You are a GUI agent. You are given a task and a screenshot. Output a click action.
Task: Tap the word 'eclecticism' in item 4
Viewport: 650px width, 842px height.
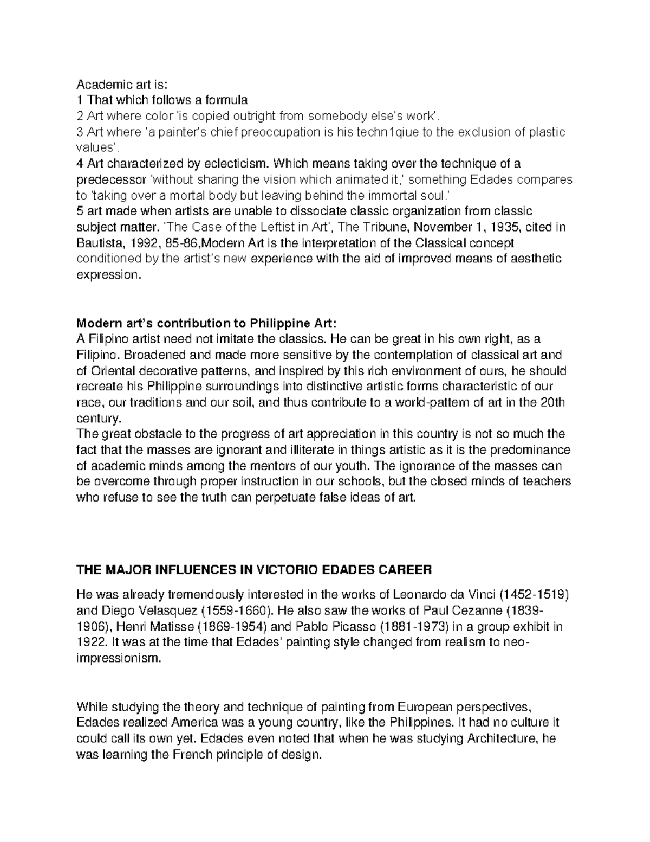[240, 163]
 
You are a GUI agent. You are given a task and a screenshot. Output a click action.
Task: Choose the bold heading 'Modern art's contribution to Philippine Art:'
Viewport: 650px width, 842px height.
[206, 324]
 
